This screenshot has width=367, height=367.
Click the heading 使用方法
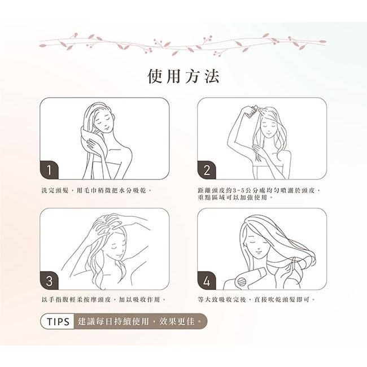click(x=183, y=76)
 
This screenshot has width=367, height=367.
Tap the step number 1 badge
click(x=49, y=170)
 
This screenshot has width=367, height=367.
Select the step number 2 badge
click(x=207, y=170)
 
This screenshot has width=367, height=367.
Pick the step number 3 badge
click(x=49, y=281)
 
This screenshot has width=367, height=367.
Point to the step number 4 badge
click(x=207, y=281)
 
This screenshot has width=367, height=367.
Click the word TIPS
click(x=58, y=322)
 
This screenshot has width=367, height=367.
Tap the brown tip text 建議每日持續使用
click(x=113, y=321)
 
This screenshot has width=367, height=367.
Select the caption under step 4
click(x=256, y=299)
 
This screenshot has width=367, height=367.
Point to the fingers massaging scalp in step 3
click(x=107, y=222)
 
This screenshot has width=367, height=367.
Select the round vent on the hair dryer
click(x=241, y=281)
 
